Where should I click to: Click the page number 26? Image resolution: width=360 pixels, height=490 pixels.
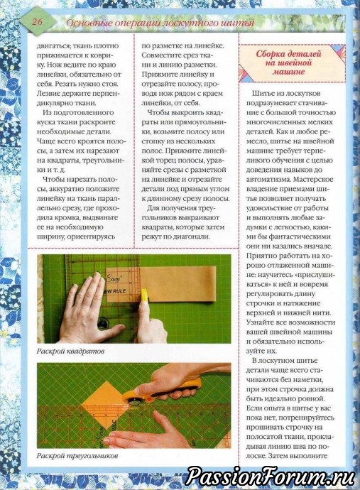(x=37, y=21)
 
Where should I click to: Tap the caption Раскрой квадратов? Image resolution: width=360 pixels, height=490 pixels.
(x=70, y=351)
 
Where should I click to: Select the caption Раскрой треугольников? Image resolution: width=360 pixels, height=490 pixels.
(x=77, y=456)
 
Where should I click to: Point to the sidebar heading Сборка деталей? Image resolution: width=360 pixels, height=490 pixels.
(x=288, y=54)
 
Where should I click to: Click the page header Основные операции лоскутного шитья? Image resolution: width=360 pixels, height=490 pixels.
(x=160, y=23)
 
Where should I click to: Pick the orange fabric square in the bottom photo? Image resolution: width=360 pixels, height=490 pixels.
(x=103, y=401)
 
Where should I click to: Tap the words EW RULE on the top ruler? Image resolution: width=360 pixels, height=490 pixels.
(x=115, y=291)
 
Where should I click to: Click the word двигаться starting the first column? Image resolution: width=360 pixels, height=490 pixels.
(x=52, y=46)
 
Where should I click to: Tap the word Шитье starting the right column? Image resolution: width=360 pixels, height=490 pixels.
(x=261, y=94)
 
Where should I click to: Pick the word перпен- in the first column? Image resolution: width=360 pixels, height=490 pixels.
(x=109, y=94)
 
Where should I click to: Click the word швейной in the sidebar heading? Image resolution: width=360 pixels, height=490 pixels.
(x=293, y=62)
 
